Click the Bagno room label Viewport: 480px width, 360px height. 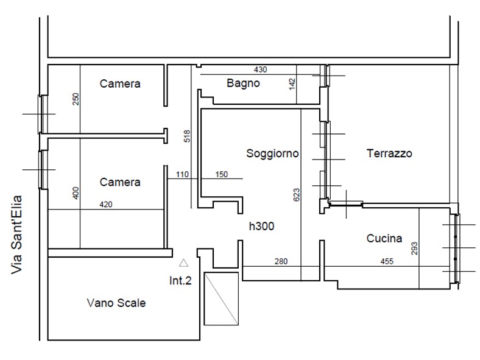243,83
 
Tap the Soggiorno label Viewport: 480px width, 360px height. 272,154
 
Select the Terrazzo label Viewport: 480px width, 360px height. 389,153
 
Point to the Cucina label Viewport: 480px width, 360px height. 384,238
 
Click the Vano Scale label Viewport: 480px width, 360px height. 116,303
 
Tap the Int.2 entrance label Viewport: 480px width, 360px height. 180,280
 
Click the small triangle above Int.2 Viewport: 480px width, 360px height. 184,263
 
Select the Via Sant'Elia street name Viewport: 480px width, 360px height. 16,235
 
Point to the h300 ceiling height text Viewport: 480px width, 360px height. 261,226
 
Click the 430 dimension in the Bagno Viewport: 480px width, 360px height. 260,70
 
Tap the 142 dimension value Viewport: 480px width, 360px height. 292,84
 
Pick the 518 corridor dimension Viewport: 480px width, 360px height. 187,136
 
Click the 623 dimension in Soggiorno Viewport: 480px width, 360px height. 296,195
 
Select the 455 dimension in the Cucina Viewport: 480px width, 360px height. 387,261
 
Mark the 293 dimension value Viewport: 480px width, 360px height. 414,249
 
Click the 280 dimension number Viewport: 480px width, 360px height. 281,261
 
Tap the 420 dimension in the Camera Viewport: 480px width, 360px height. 106,205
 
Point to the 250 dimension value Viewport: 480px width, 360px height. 76,99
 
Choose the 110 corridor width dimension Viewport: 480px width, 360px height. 182,174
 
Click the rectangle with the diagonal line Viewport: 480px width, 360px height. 221,298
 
